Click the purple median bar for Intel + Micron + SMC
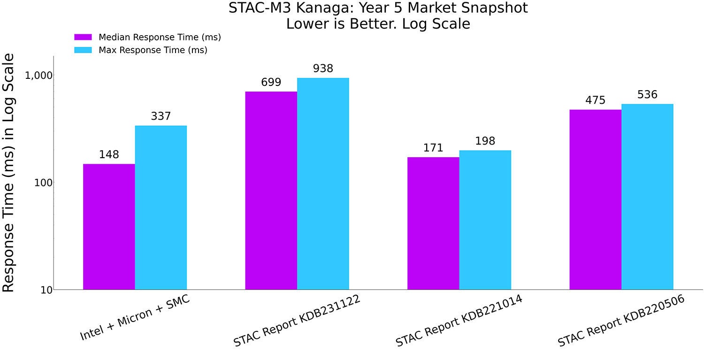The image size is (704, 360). point(109,227)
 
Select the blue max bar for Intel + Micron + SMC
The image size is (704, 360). point(161,207)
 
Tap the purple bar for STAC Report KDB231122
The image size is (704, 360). point(271,190)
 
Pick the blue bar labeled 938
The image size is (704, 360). point(323,184)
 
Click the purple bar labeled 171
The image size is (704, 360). point(433,223)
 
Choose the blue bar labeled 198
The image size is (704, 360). point(485,220)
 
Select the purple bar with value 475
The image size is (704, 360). point(595,199)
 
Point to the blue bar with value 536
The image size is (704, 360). point(647,197)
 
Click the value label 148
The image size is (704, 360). point(109,154)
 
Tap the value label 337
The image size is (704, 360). point(161,116)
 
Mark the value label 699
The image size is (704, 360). point(271,83)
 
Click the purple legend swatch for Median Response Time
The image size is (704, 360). point(84,37)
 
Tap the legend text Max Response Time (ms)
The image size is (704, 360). point(153,50)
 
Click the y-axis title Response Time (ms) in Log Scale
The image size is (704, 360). point(9,173)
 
